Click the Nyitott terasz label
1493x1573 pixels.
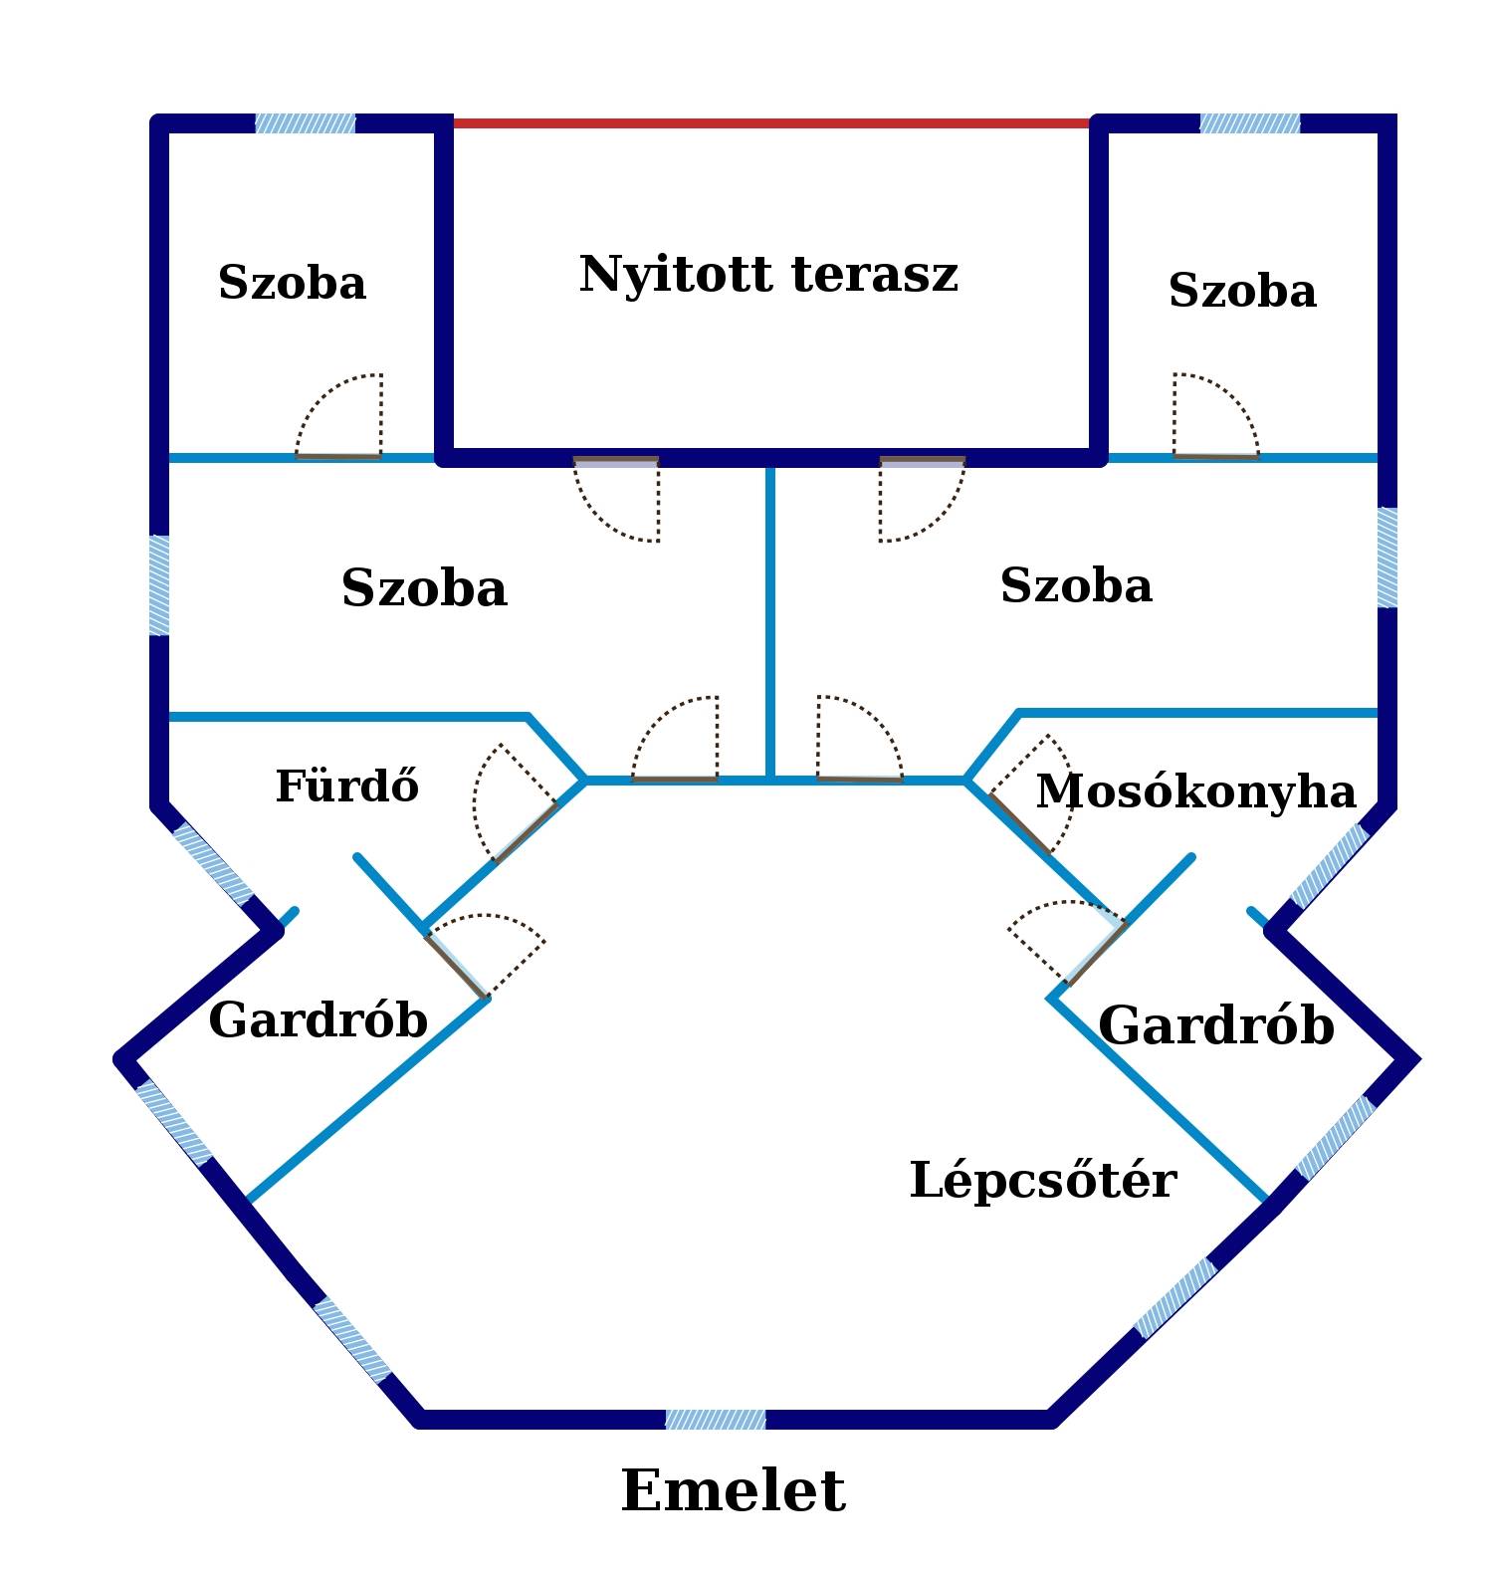click(768, 275)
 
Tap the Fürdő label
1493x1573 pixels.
click(346, 786)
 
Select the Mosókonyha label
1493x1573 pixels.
click(1195, 792)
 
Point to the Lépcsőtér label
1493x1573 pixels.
click(1043, 1180)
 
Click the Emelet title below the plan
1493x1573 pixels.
click(734, 1490)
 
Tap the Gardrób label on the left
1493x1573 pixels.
click(319, 1020)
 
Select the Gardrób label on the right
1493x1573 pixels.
click(1216, 1025)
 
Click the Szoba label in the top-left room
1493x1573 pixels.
click(292, 283)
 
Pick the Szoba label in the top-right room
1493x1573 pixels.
click(1242, 292)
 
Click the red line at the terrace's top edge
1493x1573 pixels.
click(771, 123)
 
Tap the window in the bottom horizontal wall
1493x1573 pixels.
click(716, 1420)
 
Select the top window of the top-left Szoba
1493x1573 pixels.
click(306, 123)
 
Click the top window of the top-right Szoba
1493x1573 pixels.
click(1250, 123)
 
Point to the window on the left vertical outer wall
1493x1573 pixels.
click(159, 585)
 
